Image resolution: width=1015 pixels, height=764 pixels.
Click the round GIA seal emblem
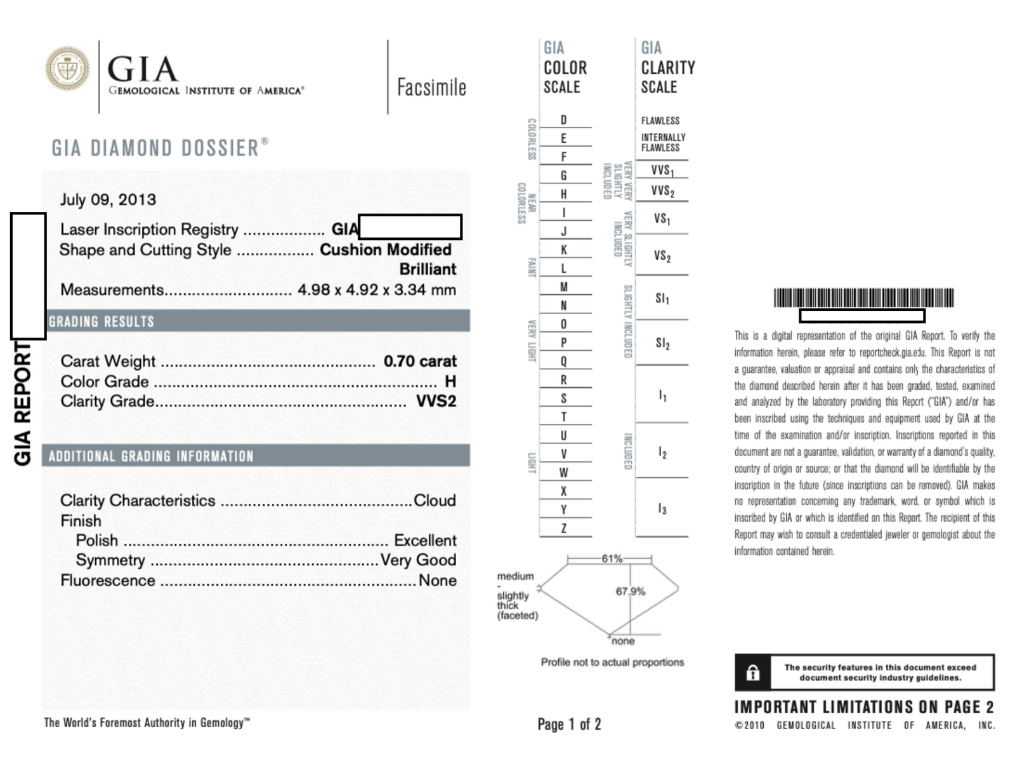coord(67,69)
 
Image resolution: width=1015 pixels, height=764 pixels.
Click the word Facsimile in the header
coord(431,88)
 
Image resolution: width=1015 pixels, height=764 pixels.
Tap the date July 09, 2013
coord(108,200)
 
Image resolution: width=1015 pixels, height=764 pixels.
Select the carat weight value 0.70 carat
coord(420,361)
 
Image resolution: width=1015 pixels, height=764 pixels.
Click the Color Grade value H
coord(450,381)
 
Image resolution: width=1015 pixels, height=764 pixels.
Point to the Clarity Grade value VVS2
coord(436,401)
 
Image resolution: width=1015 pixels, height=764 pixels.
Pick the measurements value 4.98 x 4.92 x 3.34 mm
coord(377,290)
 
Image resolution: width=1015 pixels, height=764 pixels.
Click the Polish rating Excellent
coord(425,541)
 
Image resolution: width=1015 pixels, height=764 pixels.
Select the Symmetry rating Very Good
coord(418,560)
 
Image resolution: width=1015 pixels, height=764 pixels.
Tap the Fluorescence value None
coord(438,581)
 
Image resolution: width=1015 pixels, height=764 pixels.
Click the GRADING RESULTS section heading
coord(101,322)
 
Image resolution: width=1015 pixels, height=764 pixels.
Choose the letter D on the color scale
coord(563,120)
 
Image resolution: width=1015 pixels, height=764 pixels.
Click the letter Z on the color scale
coord(563,528)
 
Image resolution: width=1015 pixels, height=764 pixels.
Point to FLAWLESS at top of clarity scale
coord(660,121)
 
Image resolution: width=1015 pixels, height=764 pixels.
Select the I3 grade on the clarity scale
coord(662,509)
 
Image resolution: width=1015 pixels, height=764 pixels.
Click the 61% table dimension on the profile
coord(612,558)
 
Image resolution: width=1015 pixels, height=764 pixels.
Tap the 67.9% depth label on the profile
coord(631,591)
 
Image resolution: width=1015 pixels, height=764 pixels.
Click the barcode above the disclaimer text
coord(863,298)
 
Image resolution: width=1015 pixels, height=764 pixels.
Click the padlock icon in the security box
coord(753,673)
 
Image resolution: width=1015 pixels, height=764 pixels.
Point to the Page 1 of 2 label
coord(569,724)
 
